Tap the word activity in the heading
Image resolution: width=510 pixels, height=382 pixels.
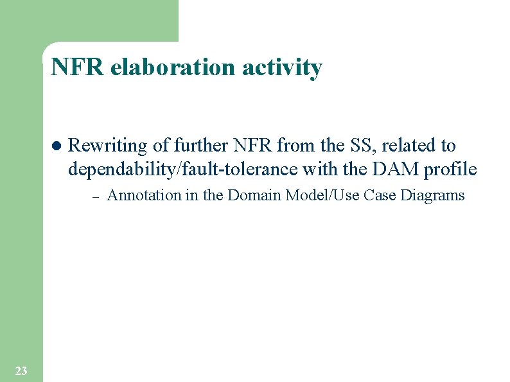pyautogui.click(x=282, y=67)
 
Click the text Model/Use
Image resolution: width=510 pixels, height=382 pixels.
pyautogui.click(x=320, y=196)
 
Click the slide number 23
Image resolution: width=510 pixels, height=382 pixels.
pyautogui.click(x=21, y=370)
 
